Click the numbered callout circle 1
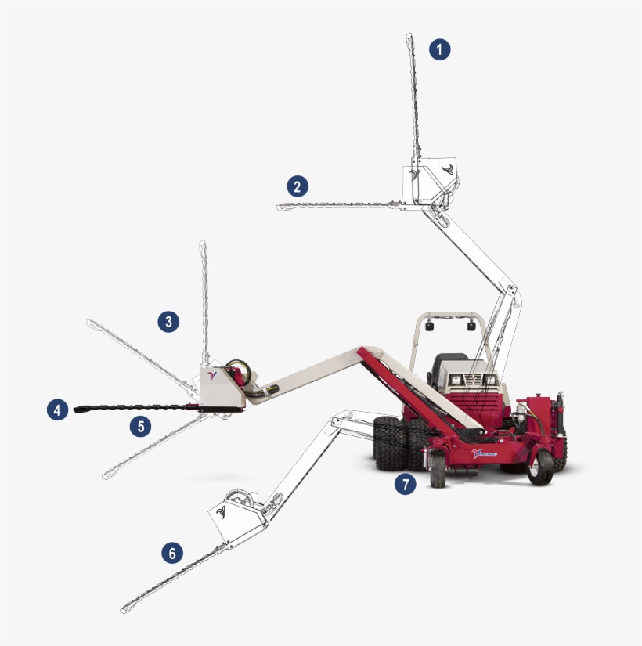pyautogui.click(x=440, y=49)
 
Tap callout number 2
pyautogui.click(x=297, y=186)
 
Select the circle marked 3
pyautogui.click(x=168, y=321)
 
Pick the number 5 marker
pyautogui.click(x=140, y=427)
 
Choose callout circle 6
pyautogui.click(x=172, y=553)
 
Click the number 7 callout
pyautogui.click(x=405, y=485)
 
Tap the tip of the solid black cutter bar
pyautogui.click(x=77, y=409)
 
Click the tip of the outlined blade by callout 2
pyautogui.click(x=280, y=207)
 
